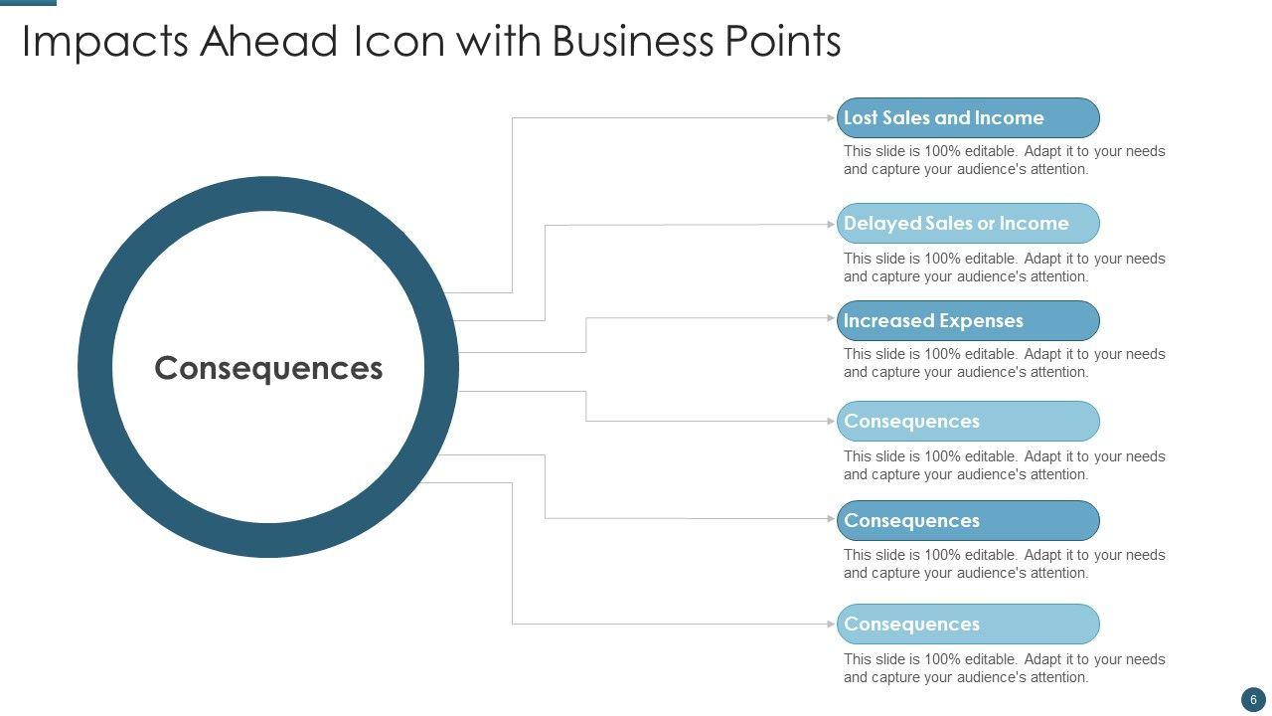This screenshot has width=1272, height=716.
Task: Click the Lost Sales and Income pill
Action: [x=968, y=117]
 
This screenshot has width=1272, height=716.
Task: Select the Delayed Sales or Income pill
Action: [x=968, y=223]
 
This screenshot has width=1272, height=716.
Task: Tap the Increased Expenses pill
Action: [x=968, y=320]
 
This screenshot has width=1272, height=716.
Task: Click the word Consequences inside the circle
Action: [x=268, y=368]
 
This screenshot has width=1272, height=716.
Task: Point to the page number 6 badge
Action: [x=1253, y=699]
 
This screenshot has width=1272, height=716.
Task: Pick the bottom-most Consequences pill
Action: [x=968, y=624]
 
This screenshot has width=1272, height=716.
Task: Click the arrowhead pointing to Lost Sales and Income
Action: [x=832, y=117]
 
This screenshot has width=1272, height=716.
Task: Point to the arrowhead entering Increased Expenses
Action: [x=832, y=318]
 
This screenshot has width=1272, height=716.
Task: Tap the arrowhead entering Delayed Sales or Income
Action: [x=832, y=224]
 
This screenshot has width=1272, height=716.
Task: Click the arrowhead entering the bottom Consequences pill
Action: [x=832, y=624]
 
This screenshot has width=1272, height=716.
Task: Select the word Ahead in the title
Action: [x=266, y=42]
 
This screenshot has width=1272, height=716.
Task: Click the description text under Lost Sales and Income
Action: [x=1004, y=160]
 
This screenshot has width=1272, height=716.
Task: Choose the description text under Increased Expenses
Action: [x=1004, y=363]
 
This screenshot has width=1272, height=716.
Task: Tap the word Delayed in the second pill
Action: [x=882, y=223]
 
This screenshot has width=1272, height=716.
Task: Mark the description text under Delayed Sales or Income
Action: [x=1004, y=268]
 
